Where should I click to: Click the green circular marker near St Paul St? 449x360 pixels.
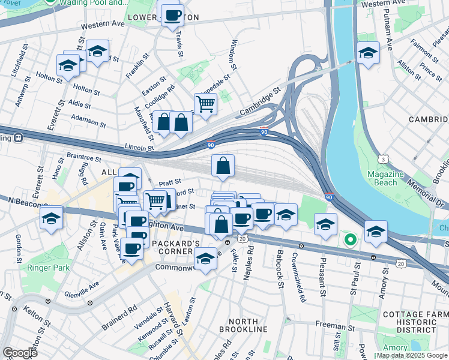click(x=350, y=241)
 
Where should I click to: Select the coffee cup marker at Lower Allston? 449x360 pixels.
click(x=172, y=15)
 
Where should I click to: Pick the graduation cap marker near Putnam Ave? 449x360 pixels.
click(x=367, y=53)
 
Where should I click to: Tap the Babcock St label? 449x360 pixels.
click(x=280, y=273)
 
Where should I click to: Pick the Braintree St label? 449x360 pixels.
click(x=84, y=158)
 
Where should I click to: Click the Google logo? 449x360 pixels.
click(x=19, y=353)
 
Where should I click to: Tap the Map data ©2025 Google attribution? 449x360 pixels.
click(x=412, y=355)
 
